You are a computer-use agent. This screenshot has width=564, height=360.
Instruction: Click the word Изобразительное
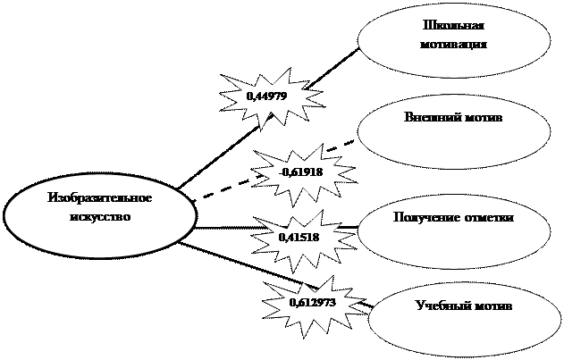(x=100, y=197)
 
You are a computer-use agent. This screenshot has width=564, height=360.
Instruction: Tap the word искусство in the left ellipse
(x=100, y=217)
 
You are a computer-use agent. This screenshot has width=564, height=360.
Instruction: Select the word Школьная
(x=453, y=26)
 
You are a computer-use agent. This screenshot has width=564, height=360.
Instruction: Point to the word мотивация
(x=453, y=45)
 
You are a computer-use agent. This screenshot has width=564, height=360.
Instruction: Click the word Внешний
(x=428, y=117)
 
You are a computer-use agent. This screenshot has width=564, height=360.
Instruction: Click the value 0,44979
(x=266, y=96)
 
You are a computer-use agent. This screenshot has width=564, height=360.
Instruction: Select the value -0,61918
(x=301, y=172)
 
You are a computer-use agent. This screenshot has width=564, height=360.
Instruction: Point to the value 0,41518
(x=299, y=238)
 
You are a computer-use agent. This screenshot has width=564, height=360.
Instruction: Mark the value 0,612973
(x=313, y=303)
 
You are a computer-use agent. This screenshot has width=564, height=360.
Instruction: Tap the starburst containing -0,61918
(x=304, y=175)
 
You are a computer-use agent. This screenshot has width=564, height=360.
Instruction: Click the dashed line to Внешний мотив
(x=273, y=170)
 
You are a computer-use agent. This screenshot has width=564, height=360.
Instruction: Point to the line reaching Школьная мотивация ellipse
(x=269, y=118)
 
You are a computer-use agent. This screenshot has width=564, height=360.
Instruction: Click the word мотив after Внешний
(x=479, y=118)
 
